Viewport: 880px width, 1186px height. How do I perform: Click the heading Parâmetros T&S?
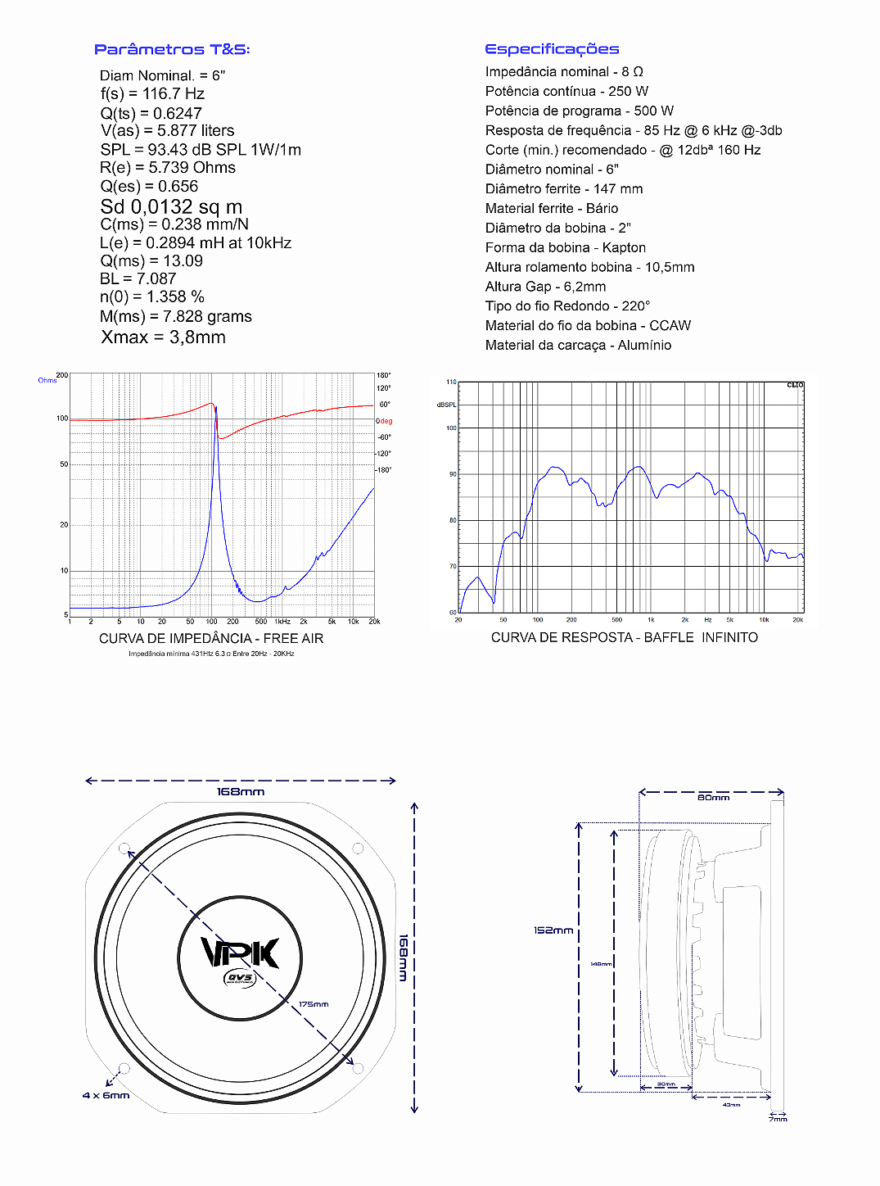tap(172, 49)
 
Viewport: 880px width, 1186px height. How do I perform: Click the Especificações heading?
tap(552, 49)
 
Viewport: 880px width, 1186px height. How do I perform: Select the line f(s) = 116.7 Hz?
tap(152, 94)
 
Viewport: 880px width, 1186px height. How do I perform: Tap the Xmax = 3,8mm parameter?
tap(163, 337)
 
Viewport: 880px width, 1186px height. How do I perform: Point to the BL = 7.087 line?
tap(138, 279)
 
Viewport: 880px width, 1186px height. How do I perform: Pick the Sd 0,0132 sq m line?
tap(171, 207)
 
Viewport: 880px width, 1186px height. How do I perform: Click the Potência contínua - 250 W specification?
tap(566, 91)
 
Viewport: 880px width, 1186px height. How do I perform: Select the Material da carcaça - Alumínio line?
tap(578, 346)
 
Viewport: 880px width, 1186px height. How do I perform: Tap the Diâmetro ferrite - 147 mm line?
tap(564, 189)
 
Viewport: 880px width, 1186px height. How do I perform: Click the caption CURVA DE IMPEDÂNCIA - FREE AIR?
tap(211, 639)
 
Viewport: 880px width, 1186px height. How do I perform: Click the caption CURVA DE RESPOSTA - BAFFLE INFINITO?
tap(624, 638)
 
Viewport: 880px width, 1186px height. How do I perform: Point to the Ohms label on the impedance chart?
tap(47, 380)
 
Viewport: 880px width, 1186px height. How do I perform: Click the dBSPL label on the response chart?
tap(447, 405)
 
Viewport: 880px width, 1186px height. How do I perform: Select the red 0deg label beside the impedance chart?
tap(385, 421)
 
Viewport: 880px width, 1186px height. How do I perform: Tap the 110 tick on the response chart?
tap(451, 383)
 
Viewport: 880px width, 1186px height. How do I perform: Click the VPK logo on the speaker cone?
tap(240, 953)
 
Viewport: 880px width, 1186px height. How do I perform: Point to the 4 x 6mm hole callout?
tap(106, 1096)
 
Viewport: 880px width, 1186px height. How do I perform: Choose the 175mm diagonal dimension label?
tap(314, 1004)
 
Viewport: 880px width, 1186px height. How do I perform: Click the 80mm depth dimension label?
tap(713, 798)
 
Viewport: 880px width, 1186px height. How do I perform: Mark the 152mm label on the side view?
tap(553, 930)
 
